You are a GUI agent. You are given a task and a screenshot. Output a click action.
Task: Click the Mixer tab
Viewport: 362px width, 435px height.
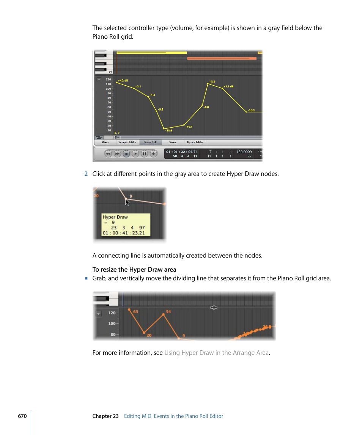coord(105,142)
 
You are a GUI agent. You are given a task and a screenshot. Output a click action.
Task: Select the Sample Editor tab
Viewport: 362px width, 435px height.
coord(127,142)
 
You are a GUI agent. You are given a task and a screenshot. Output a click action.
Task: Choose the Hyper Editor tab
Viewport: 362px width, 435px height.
coord(195,142)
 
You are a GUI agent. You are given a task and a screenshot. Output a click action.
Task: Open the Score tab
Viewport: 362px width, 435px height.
coord(173,142)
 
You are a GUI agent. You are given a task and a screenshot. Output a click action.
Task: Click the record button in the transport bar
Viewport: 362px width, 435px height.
coord(153,154)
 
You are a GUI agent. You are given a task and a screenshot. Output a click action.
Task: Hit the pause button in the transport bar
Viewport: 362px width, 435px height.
coord(145,154)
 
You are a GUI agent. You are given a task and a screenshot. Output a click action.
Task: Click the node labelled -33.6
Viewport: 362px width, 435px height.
coord(164,129)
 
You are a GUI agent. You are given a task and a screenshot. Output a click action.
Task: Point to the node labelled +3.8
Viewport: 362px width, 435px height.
coord(208,84)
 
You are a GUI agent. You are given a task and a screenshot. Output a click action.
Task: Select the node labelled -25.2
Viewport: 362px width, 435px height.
coord(184,125)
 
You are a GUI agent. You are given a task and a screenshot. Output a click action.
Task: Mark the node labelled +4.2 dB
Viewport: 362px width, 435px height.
coord(117,82)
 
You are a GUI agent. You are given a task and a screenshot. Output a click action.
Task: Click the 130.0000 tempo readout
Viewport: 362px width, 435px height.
coord(244,152)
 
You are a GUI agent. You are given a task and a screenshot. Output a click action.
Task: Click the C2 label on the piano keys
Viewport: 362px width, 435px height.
coord(110,72)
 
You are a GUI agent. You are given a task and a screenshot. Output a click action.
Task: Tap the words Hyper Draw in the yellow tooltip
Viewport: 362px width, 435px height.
coord(115,217)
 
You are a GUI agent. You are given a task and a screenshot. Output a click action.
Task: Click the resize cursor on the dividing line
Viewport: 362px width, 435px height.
coord(214,308)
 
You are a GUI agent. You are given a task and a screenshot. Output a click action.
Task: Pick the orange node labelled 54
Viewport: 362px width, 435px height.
coord(164,314)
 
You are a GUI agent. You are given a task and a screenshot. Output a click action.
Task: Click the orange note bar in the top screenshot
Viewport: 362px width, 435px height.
coord(222,59)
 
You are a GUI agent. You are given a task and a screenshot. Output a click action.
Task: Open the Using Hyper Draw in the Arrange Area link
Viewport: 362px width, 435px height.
coord(216,353)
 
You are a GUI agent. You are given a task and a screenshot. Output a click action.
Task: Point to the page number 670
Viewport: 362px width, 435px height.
coord(22,416)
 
